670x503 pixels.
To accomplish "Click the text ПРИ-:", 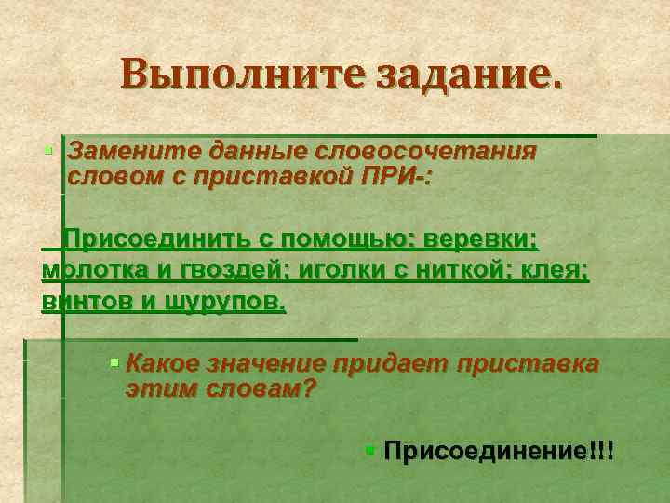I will coord(390,175).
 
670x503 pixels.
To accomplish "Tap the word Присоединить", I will coord(154,239).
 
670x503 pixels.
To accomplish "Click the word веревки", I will coord(482,239).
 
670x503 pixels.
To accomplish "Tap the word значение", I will coord(261,364).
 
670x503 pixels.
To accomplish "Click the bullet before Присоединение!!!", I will coord(370,451).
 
